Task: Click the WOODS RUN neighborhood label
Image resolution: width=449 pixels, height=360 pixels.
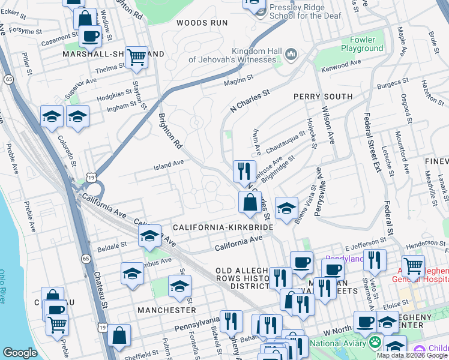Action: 202,23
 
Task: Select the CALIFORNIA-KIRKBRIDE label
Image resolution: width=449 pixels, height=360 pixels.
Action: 223,227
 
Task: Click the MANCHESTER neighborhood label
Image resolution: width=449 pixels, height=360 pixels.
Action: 166,310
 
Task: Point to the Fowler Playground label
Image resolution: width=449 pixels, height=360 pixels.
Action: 362,44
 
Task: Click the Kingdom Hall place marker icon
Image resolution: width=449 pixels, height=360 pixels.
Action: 292,55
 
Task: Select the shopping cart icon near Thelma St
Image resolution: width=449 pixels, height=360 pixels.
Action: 137,57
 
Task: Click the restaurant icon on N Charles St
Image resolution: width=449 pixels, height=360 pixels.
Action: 244,171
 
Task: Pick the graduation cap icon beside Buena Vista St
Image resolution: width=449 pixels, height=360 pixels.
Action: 287,208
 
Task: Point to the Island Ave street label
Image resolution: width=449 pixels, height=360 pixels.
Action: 169,163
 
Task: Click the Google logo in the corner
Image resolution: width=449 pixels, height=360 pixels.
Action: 19,352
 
